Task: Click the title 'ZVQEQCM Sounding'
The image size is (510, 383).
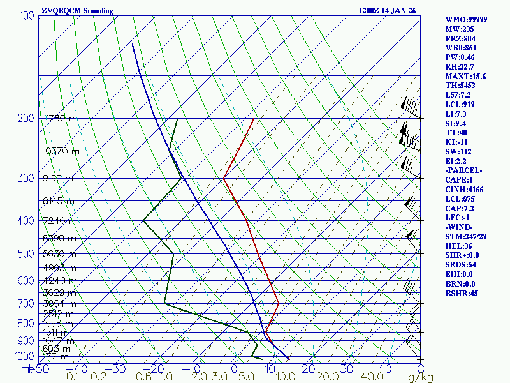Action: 77,11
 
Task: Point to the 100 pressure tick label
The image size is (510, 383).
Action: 27,15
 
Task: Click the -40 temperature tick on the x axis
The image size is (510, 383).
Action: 77,368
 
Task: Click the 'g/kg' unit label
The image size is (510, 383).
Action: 421,377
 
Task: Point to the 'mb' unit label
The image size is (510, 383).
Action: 27,369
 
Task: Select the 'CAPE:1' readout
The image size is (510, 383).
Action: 460,180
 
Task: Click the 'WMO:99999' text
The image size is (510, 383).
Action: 466,20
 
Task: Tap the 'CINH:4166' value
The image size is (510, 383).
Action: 464,190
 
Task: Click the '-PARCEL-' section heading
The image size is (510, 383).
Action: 463,170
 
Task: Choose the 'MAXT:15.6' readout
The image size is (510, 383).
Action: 465,77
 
